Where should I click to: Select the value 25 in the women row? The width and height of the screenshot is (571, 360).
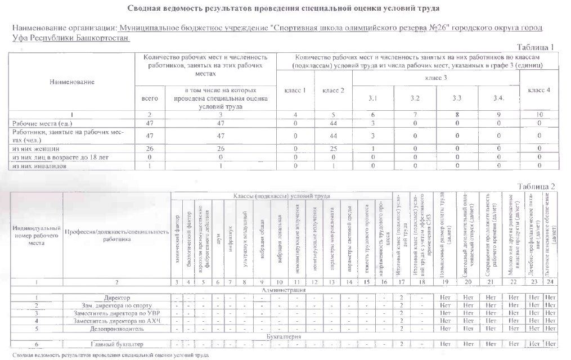334,149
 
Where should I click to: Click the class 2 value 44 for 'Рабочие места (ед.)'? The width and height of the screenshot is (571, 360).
334,122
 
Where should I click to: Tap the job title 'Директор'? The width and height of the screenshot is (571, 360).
116,297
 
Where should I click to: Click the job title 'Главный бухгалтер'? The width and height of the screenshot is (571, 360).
116,344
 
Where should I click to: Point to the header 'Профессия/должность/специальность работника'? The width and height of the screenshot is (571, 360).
116,235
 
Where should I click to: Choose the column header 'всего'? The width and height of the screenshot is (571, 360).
149,97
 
